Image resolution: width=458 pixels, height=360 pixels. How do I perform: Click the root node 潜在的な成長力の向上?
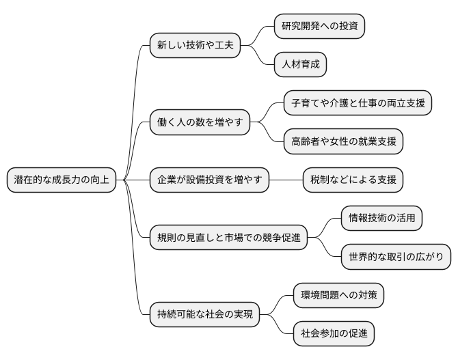point(62,180)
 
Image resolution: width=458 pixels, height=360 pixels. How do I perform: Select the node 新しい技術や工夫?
point(195,46)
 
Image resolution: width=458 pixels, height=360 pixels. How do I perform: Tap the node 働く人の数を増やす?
point(200,123)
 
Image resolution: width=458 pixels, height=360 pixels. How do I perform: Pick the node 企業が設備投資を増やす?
point(210,180)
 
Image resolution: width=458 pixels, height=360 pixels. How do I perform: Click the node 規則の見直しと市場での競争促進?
point(228,238)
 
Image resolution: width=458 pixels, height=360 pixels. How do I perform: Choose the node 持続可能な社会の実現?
point(205,314)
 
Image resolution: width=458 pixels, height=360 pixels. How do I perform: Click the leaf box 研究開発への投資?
point(319,27)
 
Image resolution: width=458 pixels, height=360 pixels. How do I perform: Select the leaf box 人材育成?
point(300,65)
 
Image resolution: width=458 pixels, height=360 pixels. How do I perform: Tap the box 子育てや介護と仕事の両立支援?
point(358,104)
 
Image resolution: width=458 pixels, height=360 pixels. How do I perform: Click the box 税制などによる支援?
point(353,180)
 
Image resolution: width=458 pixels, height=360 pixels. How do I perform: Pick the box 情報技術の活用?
point(381,219)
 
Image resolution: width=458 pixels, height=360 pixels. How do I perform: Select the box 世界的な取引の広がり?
point(396,257)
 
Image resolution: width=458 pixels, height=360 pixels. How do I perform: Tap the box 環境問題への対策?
point(338,295)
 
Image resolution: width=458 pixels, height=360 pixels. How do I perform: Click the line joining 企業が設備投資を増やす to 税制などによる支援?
point(286,180)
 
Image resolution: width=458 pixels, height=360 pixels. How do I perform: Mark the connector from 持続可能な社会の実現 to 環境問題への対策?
point(278,303)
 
